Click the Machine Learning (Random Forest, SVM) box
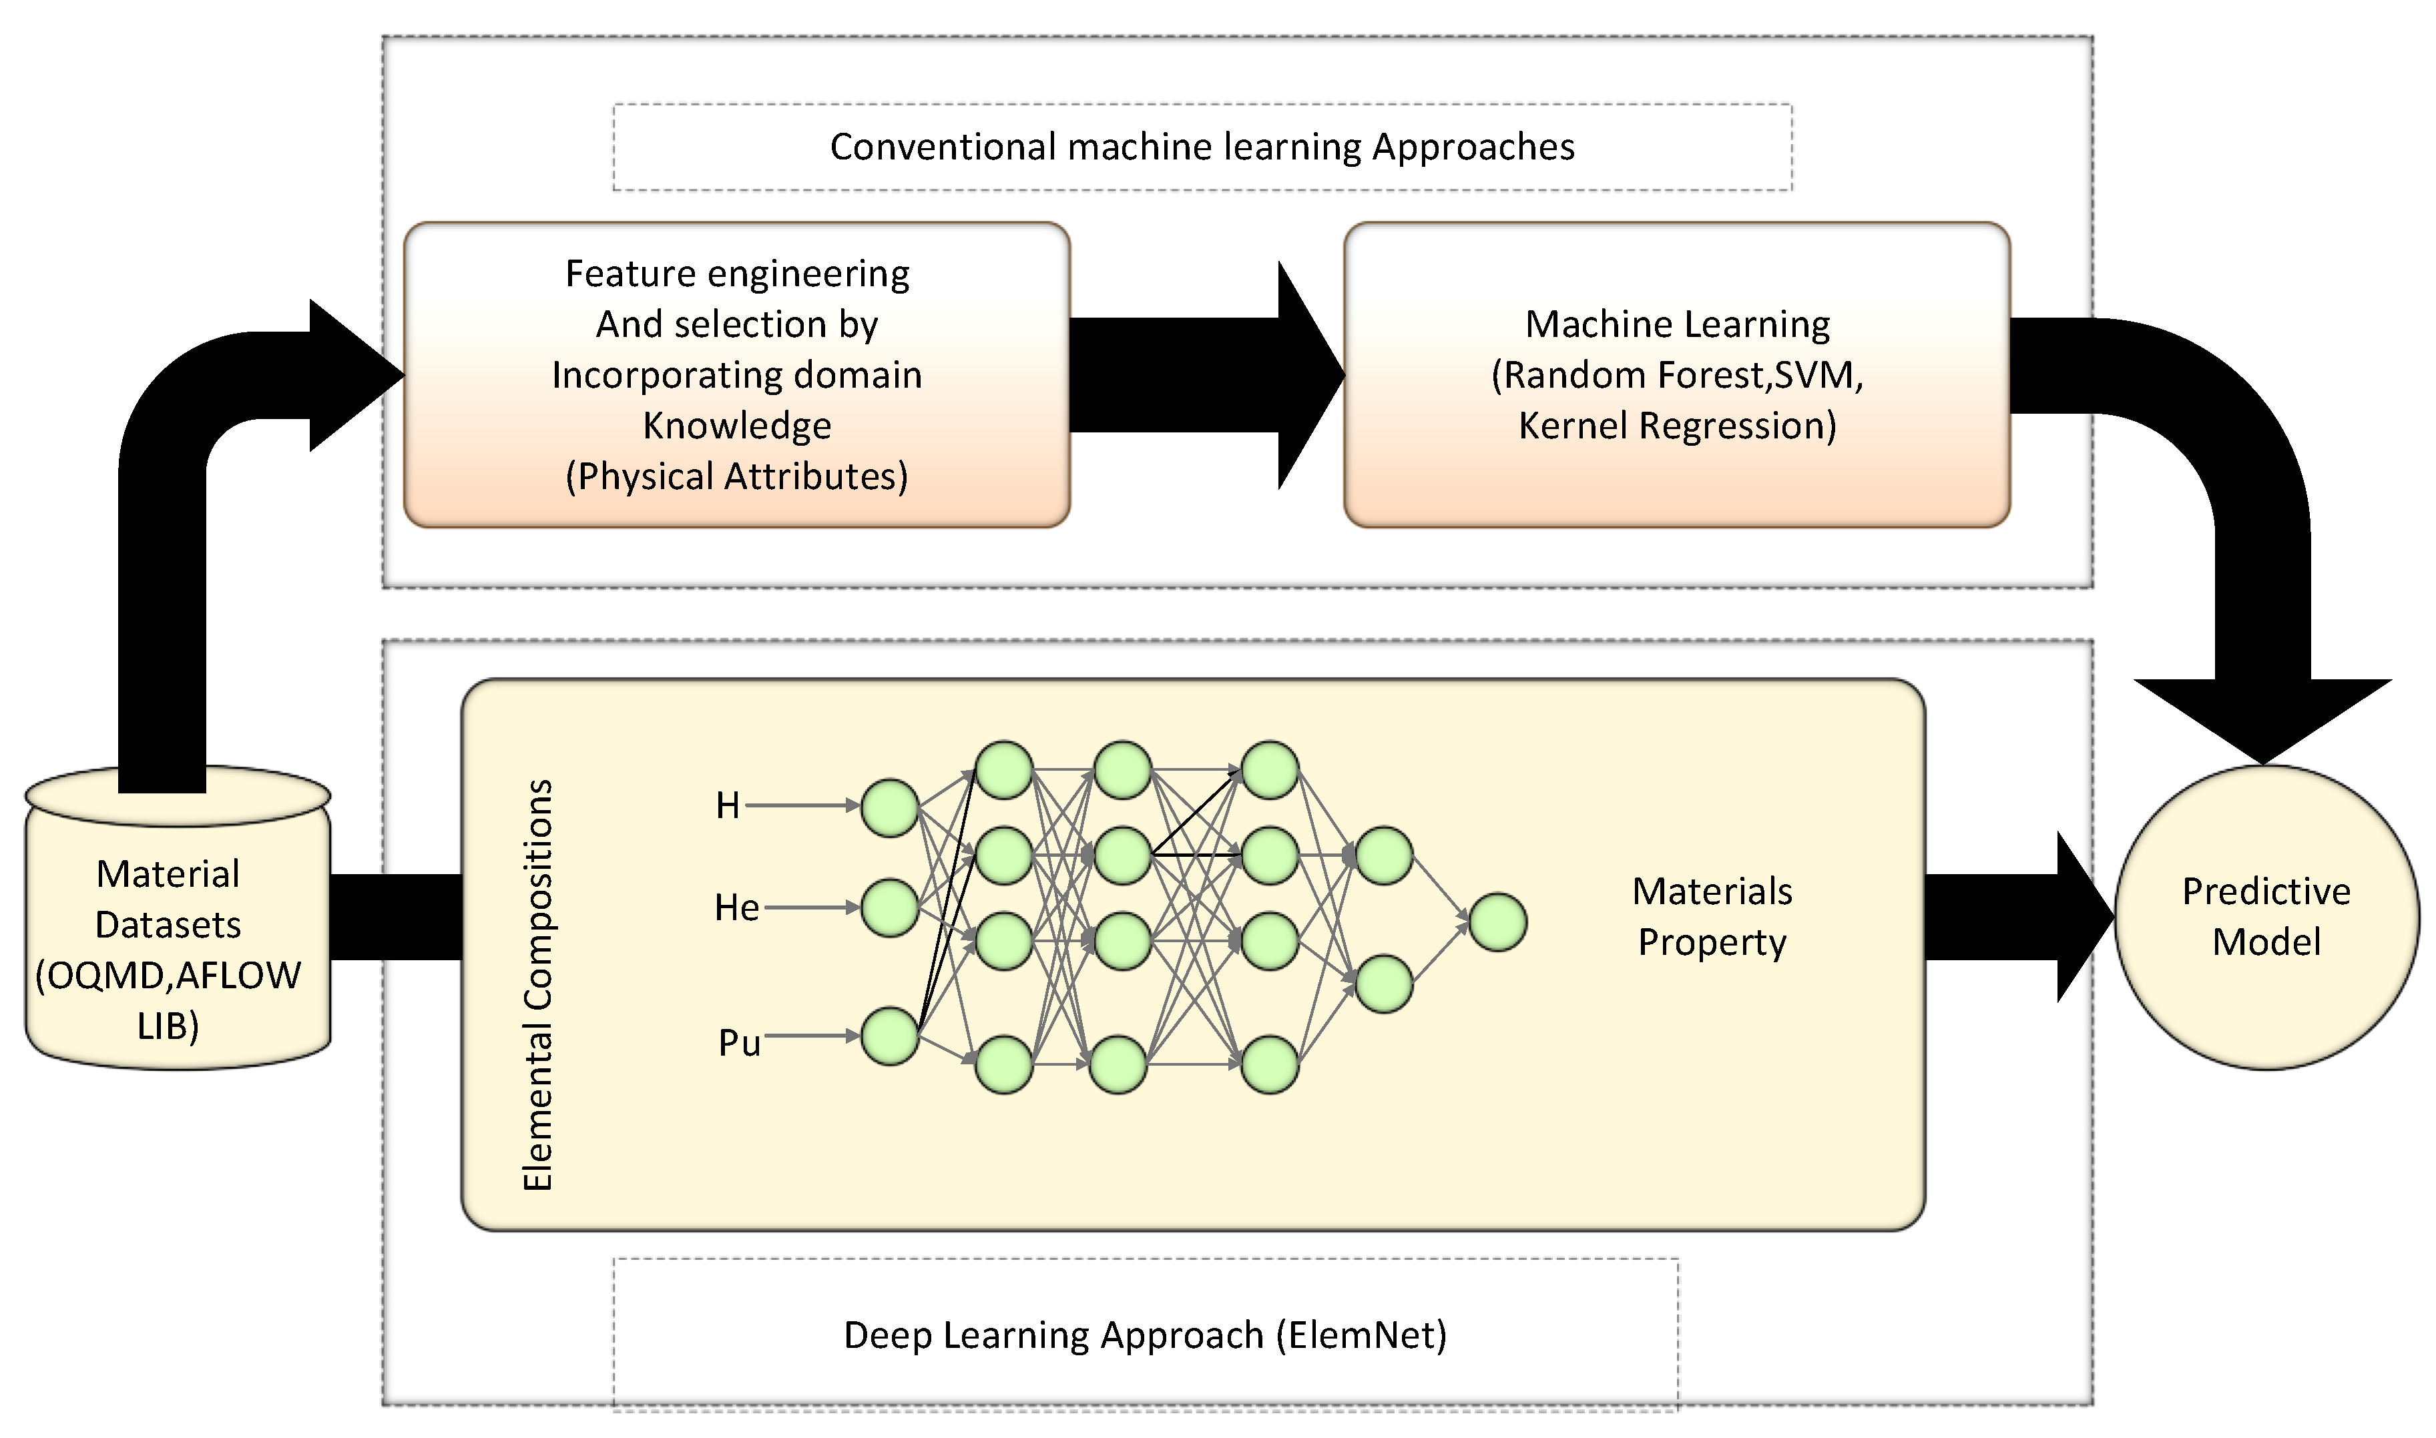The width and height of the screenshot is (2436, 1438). pyautogui.click(x=1676, y=374)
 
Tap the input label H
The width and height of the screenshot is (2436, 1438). pyautogui.click(x=727, y=805)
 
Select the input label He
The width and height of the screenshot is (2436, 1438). pyautogui.click(x=736, y=908)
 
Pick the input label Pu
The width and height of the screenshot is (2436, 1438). pyautogui.click(x=738, y=1044)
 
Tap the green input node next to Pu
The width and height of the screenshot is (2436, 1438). pyautogui.click(x=889, y=1036)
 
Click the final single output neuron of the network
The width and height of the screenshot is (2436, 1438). pyautogui.click(x=1497, y=922)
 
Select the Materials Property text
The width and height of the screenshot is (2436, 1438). pyautogui.click(x=1711, y=917)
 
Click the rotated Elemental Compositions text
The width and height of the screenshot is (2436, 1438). pyautogui.click(x=538, y=984)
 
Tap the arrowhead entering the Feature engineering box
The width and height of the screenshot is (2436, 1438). pyautogui.click(x=354, y=374)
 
